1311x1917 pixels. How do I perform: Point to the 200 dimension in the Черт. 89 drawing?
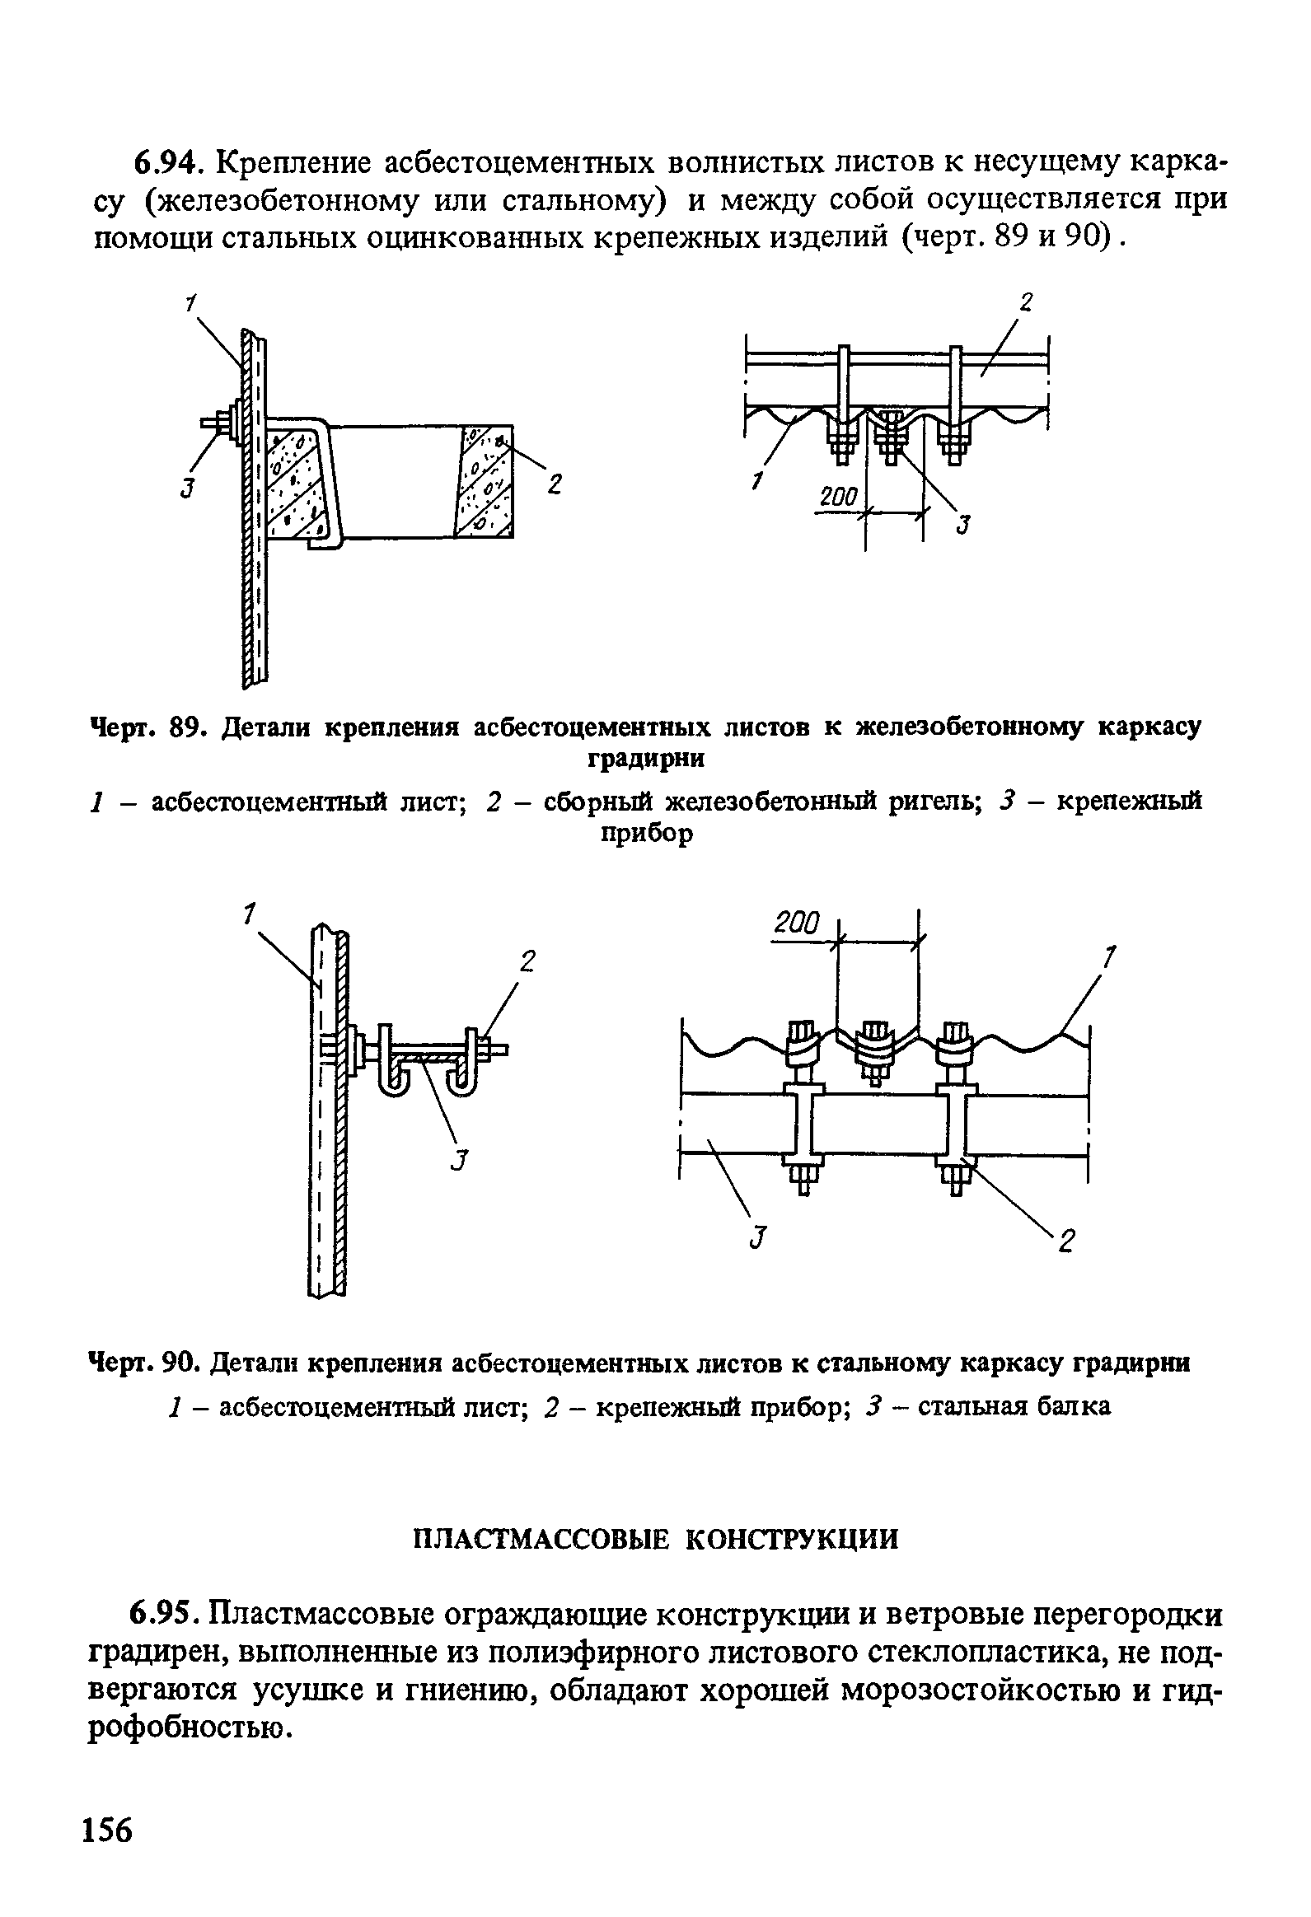[838, 497]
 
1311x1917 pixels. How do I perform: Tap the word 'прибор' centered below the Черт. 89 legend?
[647, 835]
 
